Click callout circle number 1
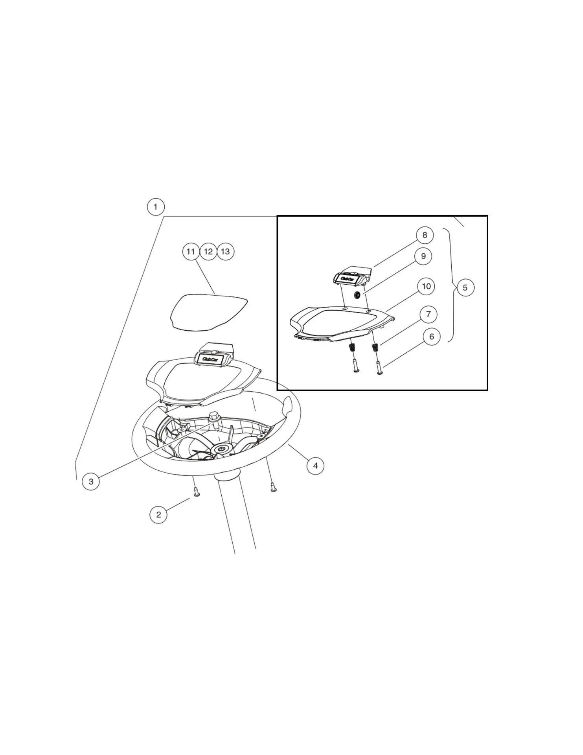tap(156, 207)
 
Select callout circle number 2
tap(158, 514)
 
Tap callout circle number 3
tap(91, 481)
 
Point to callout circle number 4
tap(315, 466)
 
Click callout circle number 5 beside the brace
tap(465, 287)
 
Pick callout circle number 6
tap(432, 337)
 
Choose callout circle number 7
tap(429, 314)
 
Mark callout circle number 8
tap(425, 235)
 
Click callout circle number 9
tap(423, 256)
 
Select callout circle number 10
tap(427, 286)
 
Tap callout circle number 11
tap(191, 252)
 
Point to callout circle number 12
tap(208, 252)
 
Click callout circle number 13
tap(225, 252)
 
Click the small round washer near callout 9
tap(357, 295)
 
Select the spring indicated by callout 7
tap(375, 347)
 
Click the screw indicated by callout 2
tap(197, 492)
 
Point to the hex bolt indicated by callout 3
tap(214, 418)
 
